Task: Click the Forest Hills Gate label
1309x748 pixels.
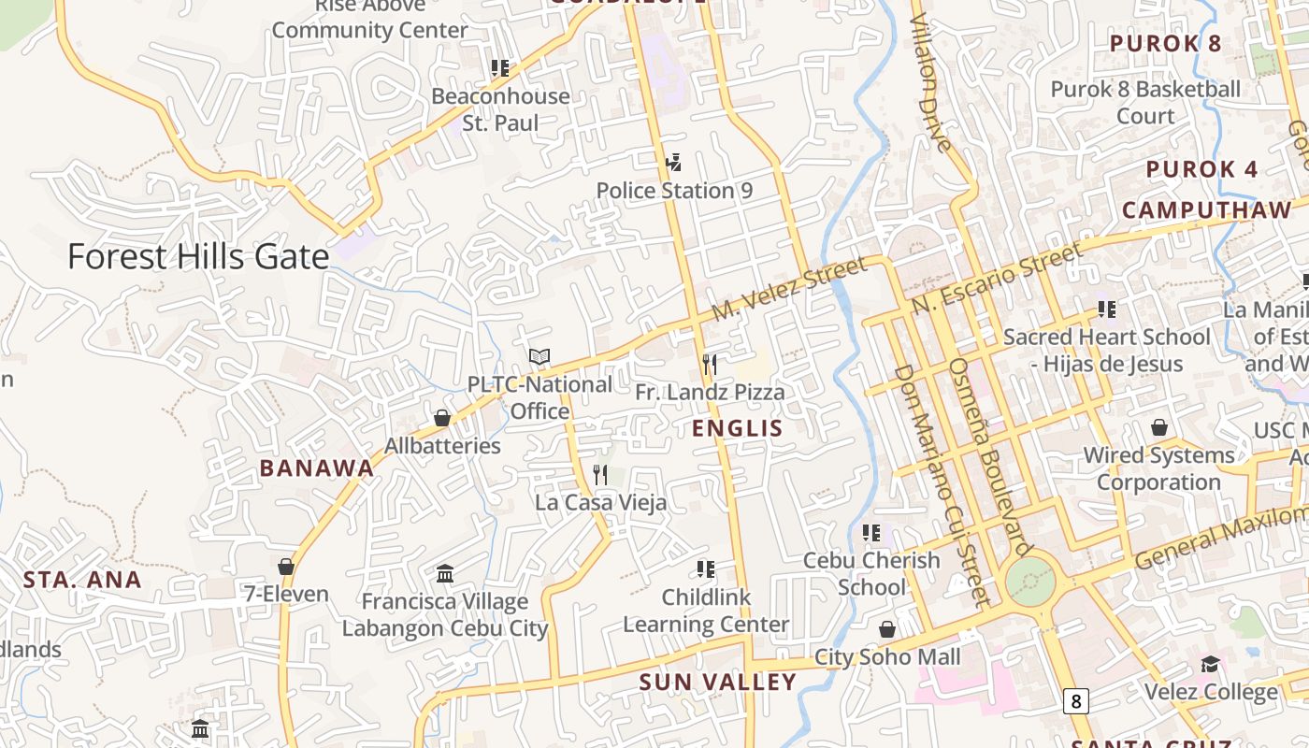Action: (x=198, y=257)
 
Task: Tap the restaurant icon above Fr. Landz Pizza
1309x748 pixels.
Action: (x=710, y=365)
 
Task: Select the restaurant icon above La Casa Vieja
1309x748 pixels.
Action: (x=600, y=475)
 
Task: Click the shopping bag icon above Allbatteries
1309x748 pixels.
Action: (x=442, y=418)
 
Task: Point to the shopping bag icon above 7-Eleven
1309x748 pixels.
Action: (x=286, y=567)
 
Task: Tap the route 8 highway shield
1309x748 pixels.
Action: (x=1076, y=700)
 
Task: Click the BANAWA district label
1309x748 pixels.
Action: (x=317, y=468)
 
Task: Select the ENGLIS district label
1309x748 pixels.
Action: (x=737, y=429)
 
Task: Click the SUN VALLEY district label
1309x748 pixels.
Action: (x=717, y=683)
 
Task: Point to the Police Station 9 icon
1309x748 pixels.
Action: (x=673, y=164)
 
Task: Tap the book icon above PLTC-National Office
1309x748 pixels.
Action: (x=539, y=356)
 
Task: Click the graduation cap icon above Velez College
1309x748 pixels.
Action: (x=1211, y=664)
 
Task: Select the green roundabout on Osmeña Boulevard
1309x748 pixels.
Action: (x=1030, y=582)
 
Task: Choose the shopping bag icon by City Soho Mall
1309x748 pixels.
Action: (x=886, y=629)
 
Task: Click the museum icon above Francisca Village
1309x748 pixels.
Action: (x=445, y=573)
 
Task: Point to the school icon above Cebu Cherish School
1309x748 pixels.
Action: (x=871, y=533)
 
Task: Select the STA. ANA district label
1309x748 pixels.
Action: (x=82, y=580)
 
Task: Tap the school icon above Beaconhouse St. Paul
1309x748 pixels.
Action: (x=500, y=68)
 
